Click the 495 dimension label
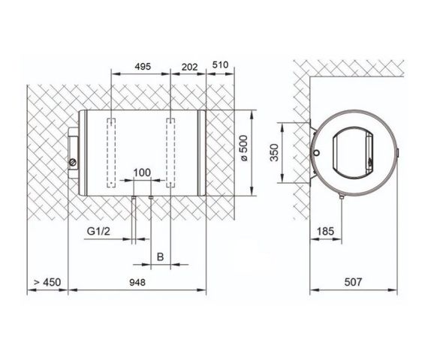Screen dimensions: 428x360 pyautogui.click(x=143, y=66)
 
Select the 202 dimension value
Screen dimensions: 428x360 pyautogui.click(x=189, y=67)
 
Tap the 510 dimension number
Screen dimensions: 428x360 pyautogui.click(x=220, y=65)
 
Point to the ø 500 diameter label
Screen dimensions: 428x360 pyautogui.click(x=244, y=148)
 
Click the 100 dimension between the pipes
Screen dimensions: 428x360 pyautogui.click(x=142, y=172)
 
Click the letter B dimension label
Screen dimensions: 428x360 pyautogui.click(x=160, y=256)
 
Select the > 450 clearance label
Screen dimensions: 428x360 pyautogui.click(x=47, y=282)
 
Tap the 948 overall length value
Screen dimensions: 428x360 pyautogui.click(x=137, y=282)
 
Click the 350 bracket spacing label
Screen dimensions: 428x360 pyautogui.click(x=274, y=153)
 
